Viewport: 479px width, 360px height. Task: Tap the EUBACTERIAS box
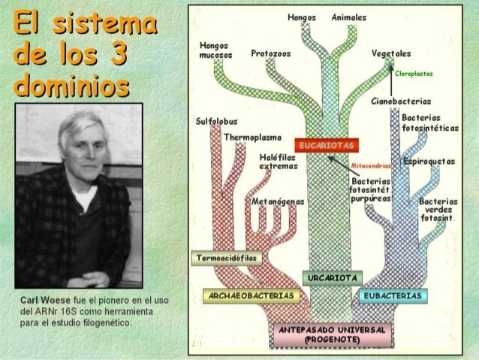[x=392, y=296]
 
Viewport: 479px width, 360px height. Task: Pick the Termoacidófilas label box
[x=225, y=259]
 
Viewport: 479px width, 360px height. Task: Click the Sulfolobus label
[x=216, y=121]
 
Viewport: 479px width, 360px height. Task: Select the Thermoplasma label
[x=252, y=138]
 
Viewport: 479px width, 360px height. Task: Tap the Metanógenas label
[x=278, y=201]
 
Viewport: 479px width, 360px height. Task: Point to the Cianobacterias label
[x=401, y=101]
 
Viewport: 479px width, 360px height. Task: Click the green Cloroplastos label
[x=414, y=74]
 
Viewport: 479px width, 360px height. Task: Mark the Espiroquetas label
[x=429, y=162]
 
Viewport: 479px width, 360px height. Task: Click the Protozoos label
[x=271, y=54]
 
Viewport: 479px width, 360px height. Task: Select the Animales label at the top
[x=349, y=17]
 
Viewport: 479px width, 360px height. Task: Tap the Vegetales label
[x=391, y=54]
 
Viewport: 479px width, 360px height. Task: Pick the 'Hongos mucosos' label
[x=215, y=50]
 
